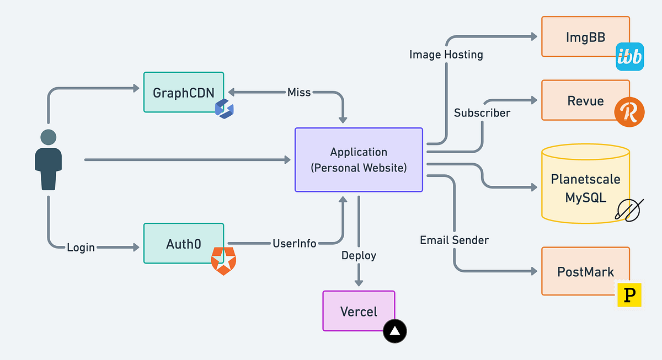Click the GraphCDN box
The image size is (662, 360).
point(184,93)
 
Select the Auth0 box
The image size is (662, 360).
point(184,243)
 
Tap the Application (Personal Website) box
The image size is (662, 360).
point(359,160)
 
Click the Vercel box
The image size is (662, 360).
point(359,311)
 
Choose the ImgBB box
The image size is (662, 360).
point(585,37)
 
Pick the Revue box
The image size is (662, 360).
point(585,100)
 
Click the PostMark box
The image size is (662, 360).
point(585,271)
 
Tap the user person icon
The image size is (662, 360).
point(49,160)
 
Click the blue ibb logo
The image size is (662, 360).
point(629,57)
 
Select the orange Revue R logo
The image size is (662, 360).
point(629,112)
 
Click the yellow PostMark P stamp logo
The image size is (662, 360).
point(629,294)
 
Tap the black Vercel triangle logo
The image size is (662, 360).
point(395,331)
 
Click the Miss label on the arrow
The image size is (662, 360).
point(299,92)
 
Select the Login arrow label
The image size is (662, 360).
point(81,248)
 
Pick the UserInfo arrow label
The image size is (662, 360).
point(295,243)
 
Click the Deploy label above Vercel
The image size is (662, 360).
point(359,255)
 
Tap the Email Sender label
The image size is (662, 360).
point(454,240)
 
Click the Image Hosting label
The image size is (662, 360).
point(446,55)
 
